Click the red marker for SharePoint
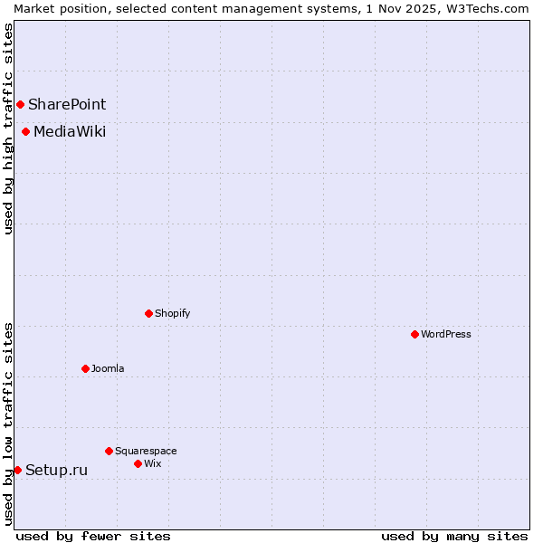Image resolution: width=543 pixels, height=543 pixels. pos(20,104)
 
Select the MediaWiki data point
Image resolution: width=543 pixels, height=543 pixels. pos(25,132)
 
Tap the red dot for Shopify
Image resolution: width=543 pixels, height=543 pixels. pos(148,313)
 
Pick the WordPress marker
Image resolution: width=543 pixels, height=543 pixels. pos(414,334)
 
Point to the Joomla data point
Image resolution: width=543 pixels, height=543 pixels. pos(85,368)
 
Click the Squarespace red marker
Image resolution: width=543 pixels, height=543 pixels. pos(109,451)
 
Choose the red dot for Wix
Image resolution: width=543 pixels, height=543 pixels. pos(138,463)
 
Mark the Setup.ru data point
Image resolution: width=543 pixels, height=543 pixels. pos(17,470)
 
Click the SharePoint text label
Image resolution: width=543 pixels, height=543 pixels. pos(67,105)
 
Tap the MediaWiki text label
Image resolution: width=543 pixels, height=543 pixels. pos(70,132)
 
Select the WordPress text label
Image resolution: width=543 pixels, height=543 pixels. pos(446,334)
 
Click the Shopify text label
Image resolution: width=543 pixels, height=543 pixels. pos(173,313)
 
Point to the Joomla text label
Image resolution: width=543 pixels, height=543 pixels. pos(108,368)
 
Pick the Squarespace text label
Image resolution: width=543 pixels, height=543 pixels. pos(146,451)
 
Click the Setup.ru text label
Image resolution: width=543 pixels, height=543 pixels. pos(57,470)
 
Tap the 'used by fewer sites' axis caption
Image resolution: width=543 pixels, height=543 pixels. pos(93,536)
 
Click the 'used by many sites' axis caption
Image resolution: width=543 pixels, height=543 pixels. pos(454,536)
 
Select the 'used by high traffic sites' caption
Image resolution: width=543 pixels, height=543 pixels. pos(9,129)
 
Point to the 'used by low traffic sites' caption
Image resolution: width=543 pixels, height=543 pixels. pos(9,424)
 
